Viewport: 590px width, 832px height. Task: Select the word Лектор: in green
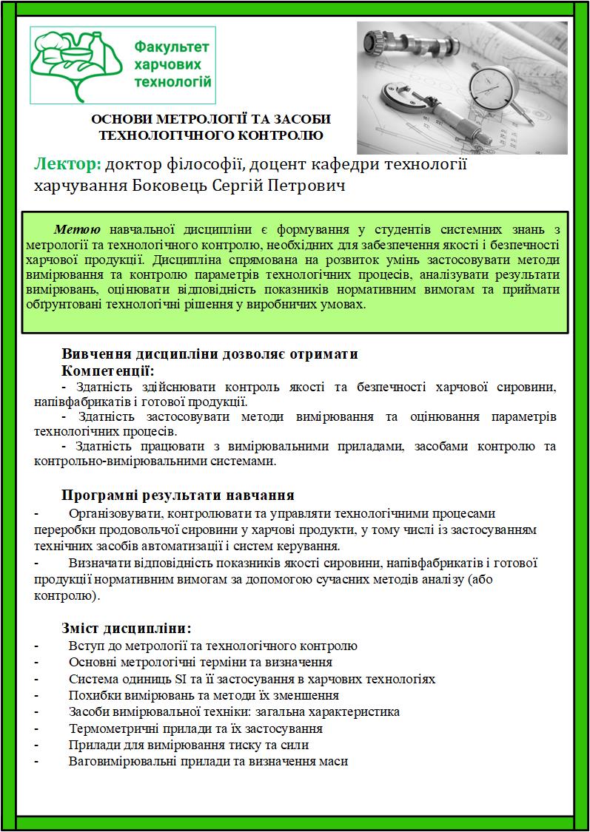67,163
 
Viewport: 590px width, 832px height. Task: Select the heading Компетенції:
108,370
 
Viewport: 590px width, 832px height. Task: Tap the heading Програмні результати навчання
178,495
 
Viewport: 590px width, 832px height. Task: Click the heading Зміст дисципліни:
127,629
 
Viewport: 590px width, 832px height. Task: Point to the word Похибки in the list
92,695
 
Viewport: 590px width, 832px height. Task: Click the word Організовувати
113,513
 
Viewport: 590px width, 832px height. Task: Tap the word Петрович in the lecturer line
310,184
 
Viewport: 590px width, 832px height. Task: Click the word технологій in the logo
173,81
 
